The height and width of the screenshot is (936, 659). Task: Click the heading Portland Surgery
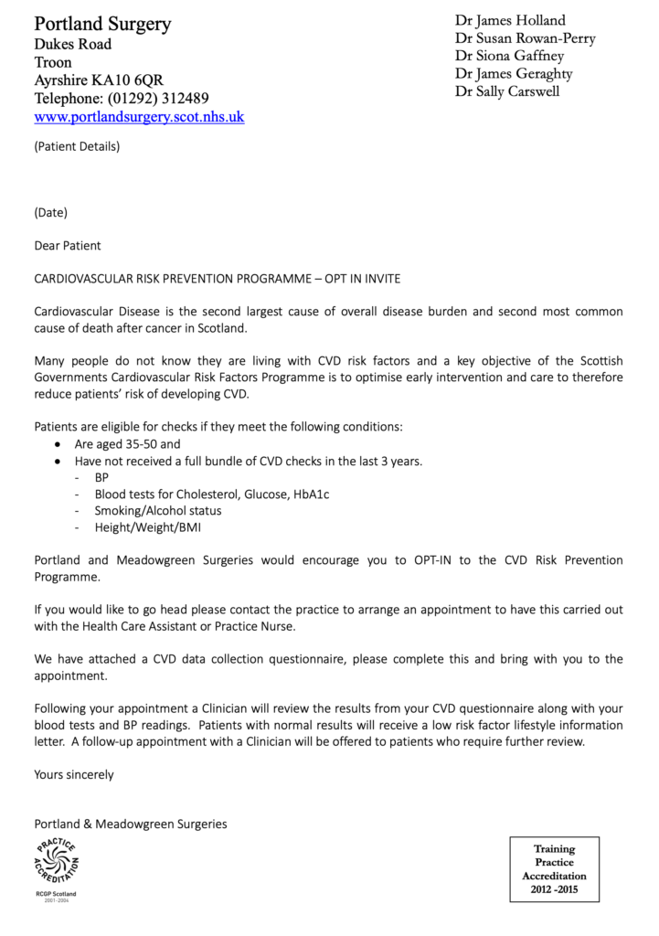102,24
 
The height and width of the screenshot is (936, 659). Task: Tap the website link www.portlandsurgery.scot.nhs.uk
139,117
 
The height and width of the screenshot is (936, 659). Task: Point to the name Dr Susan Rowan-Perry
526,38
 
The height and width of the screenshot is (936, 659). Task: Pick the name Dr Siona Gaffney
510,56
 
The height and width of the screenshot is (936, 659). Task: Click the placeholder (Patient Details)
77,145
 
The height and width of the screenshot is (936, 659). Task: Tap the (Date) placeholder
51,213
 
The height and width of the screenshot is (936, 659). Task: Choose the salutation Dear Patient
68,245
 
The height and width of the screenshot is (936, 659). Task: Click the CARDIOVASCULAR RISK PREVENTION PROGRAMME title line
217,277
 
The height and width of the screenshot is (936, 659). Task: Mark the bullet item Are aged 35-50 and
128,444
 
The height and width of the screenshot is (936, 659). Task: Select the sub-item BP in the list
101,477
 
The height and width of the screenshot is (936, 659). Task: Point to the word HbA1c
311,494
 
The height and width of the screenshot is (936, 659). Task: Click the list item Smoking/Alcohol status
158,510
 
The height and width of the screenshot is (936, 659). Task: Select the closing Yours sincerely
74,774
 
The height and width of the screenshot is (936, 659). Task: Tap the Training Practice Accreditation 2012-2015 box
554,868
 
